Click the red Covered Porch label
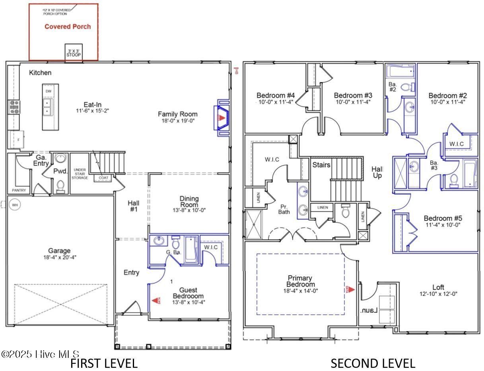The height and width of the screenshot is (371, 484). coord(67,27)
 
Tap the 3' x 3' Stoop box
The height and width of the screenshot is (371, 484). coord(74,53)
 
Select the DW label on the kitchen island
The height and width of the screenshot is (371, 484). coord(49,91)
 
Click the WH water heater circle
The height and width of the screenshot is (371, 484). coord(15,205)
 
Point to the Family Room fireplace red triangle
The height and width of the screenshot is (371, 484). coord(222,118)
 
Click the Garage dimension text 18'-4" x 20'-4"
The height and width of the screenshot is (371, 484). coord(59,257)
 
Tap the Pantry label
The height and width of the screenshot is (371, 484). coord(19,190)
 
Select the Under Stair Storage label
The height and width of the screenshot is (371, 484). coord(80,174)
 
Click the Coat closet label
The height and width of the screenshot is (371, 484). coord(103,178)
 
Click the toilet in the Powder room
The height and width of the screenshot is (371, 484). coord(60,185)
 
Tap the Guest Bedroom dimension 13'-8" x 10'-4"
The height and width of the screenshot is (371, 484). coord(188,302)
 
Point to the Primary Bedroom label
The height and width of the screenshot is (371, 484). coord(300,281)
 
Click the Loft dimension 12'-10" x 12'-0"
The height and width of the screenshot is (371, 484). coord(438,294)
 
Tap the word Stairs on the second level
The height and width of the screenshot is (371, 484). coord(321,165)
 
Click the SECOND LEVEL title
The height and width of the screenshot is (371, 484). coord(373,363)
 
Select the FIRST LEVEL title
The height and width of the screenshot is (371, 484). coord(104,363)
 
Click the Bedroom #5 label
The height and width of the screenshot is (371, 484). coord(443,219)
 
